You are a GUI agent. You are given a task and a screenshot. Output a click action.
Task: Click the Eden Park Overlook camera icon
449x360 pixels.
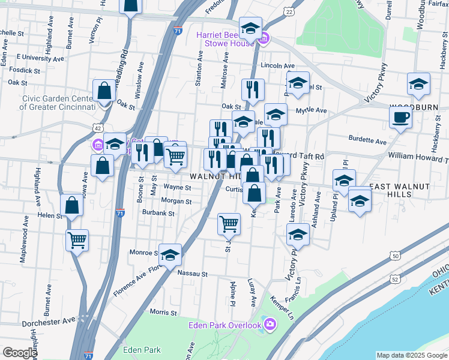point(270,325)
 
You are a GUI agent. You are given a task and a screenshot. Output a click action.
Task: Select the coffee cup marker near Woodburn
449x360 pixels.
point(400,117)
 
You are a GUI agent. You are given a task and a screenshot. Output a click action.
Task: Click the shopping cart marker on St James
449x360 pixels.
point(229,224)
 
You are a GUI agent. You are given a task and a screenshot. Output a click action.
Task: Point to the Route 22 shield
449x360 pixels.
point(289,11)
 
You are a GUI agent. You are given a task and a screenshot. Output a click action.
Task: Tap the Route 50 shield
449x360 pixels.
point(395,256)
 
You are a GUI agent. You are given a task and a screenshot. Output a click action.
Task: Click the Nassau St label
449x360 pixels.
point(192,274)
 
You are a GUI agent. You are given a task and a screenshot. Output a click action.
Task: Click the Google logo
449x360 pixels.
point(19,353)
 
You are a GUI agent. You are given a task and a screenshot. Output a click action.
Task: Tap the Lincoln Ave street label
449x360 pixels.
point(277,65)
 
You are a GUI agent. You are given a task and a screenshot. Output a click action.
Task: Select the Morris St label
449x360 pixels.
point(162,312)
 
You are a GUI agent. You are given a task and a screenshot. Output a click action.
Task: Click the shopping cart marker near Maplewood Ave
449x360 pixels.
point(77,240)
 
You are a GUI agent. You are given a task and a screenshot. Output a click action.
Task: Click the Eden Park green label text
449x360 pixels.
point(142,350)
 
